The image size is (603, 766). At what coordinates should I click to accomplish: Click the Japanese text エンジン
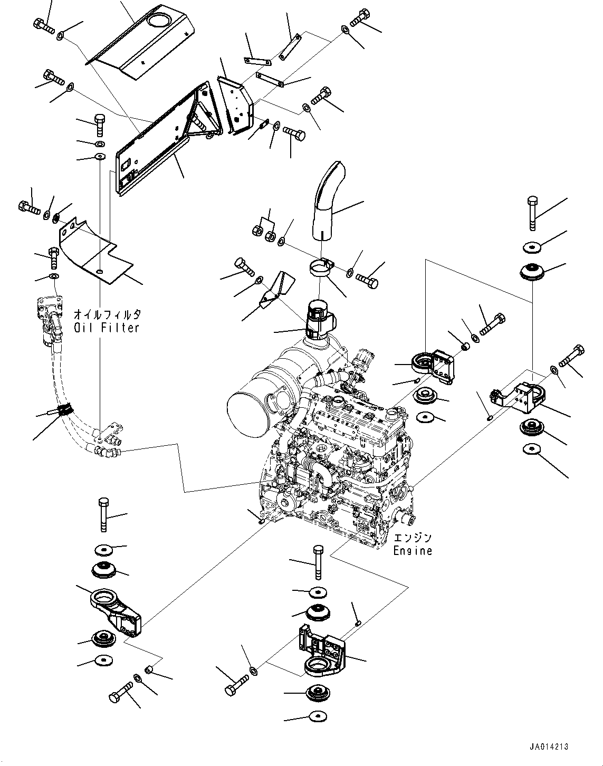(x=412, y=539)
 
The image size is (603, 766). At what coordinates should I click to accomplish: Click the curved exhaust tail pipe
(x=326, y=200)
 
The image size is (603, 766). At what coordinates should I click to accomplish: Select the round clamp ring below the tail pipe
(x=321, y=266)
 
